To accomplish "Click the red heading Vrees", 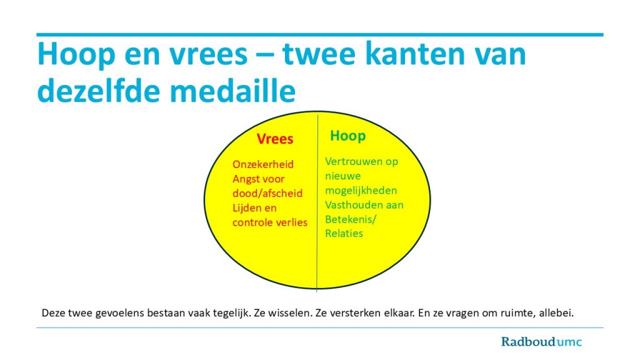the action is (275, 139).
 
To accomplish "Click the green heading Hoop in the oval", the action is (347, 136).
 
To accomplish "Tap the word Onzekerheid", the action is (263, 164).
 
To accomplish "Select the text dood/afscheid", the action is (267, 194).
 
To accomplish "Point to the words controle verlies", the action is (270, 222).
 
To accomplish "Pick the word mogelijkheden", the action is (361, 191).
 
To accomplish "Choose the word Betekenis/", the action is (351, 219).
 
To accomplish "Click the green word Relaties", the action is (344, 234).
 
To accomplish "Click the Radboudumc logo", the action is (541, 342).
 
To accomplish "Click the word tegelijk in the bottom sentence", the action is (232, 314).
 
